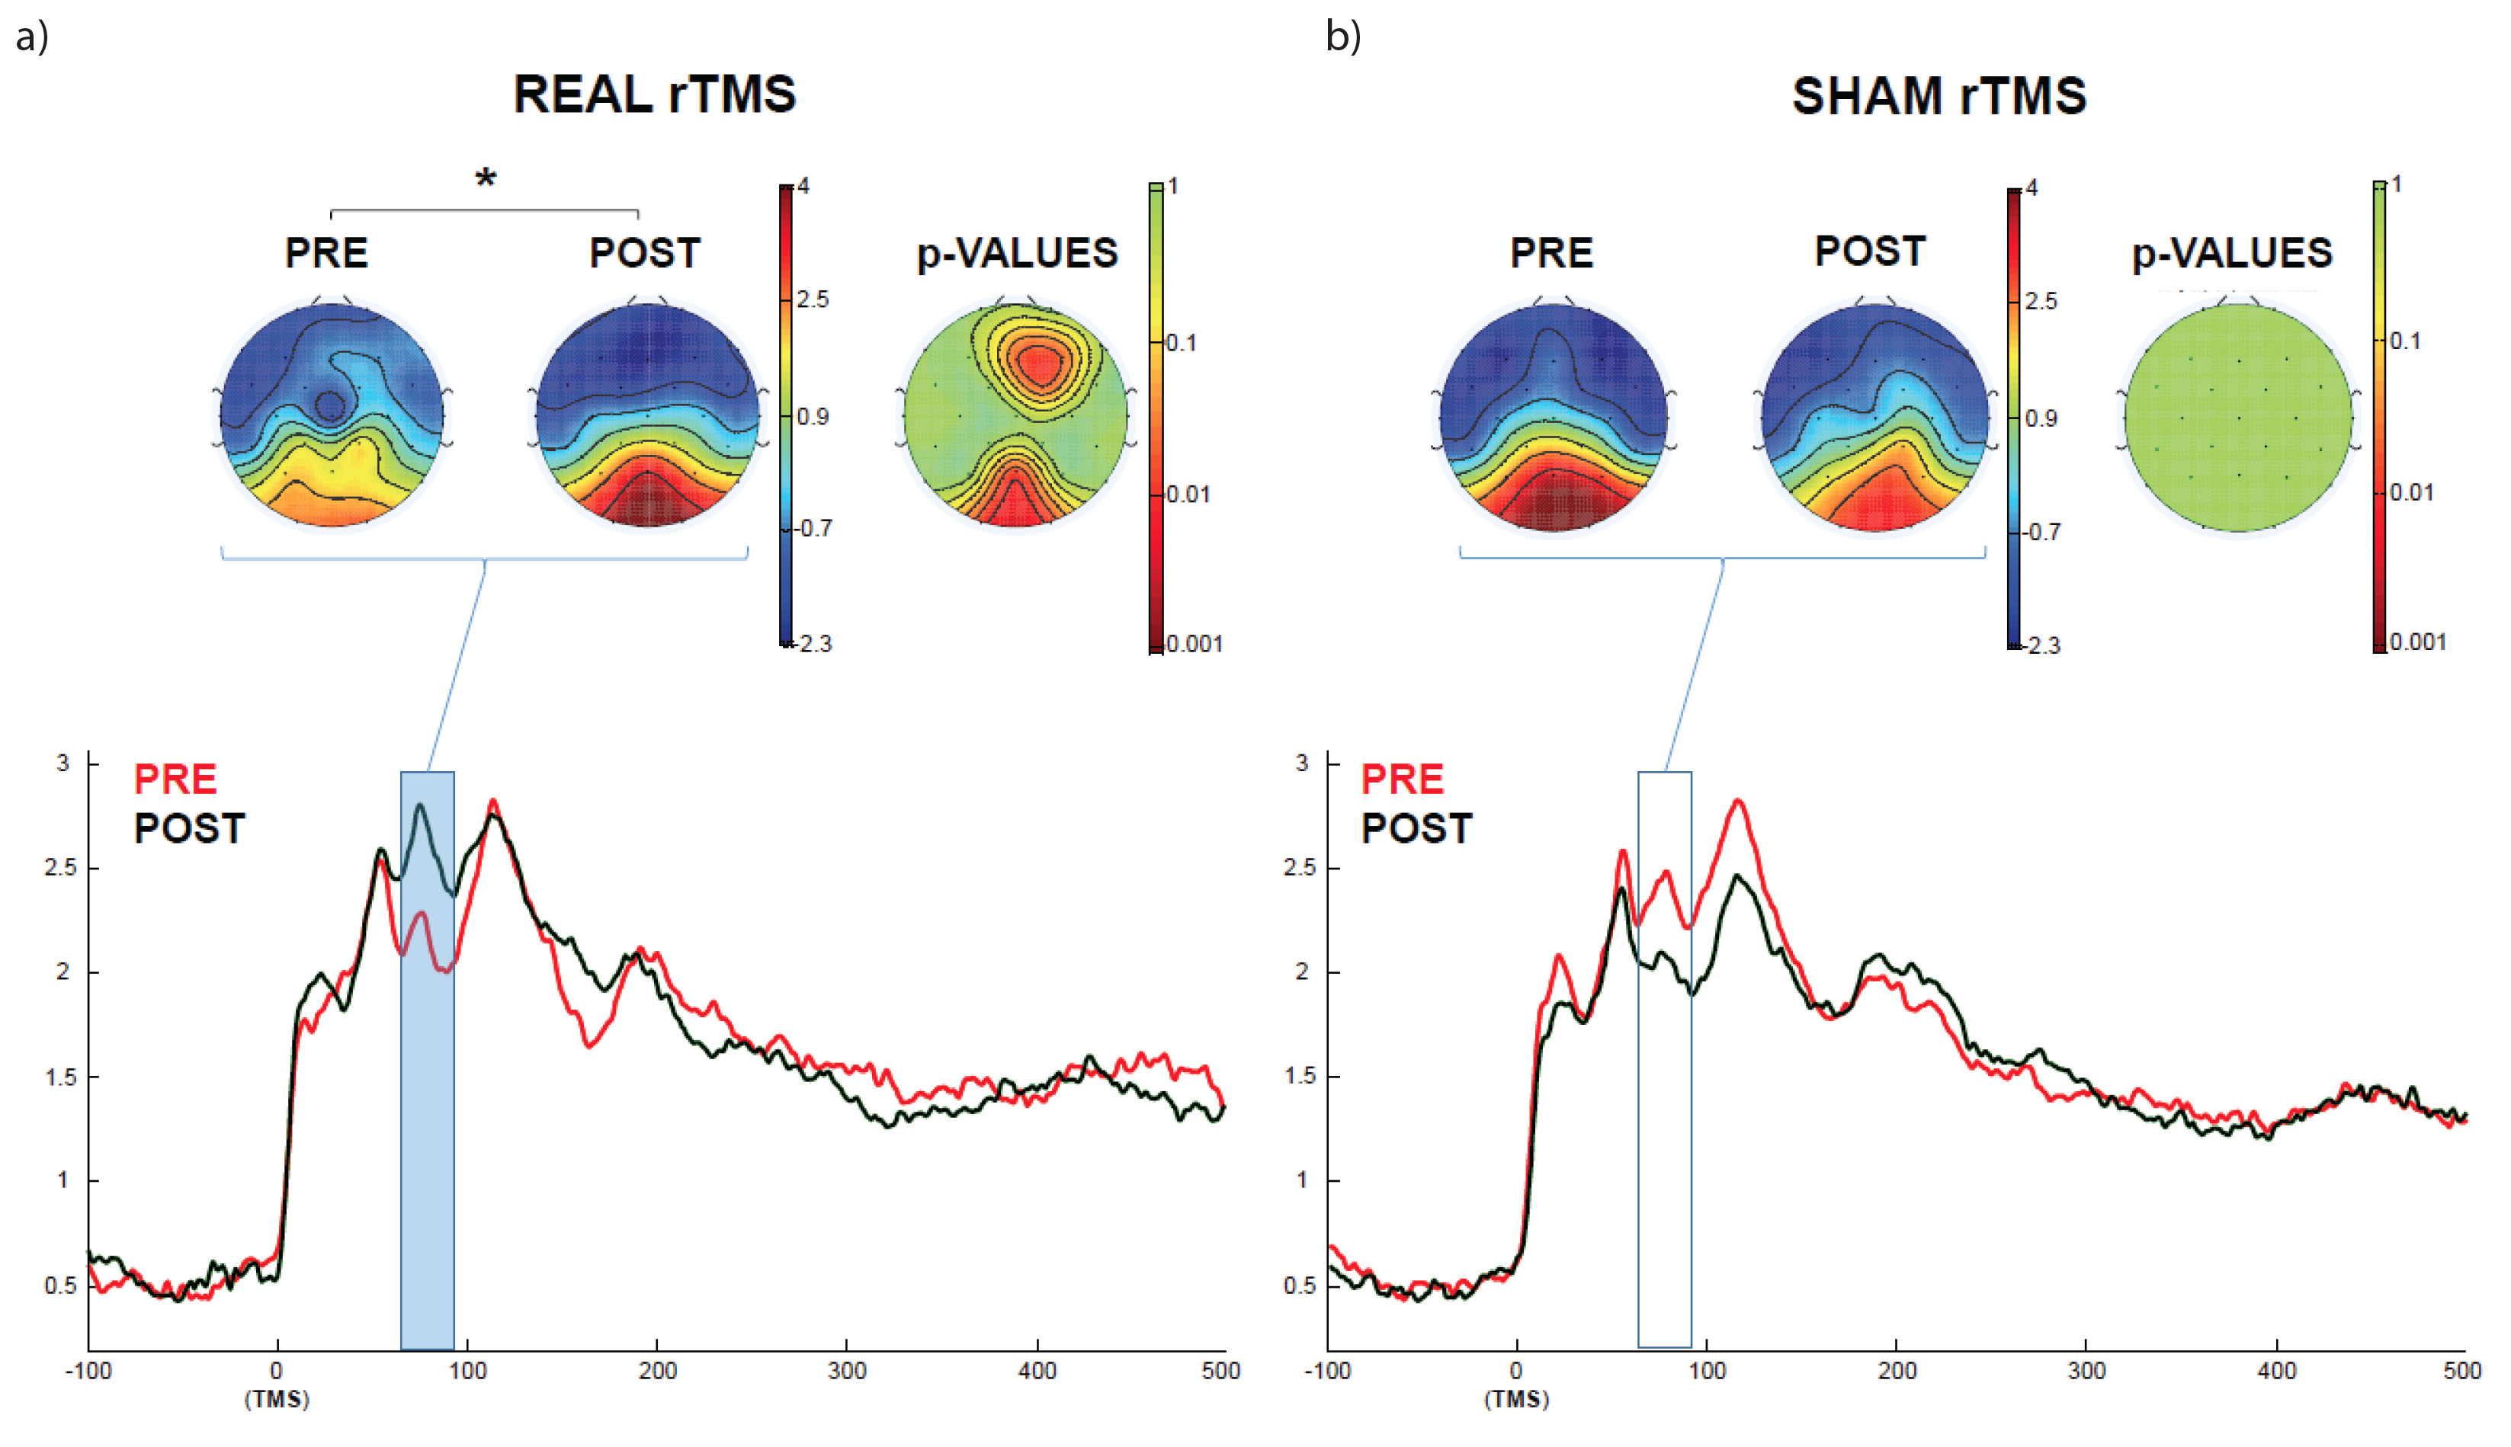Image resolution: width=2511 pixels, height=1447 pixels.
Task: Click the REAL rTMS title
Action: [x=654, y=94]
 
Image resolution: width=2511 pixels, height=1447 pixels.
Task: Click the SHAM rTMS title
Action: [x=1938, y=97]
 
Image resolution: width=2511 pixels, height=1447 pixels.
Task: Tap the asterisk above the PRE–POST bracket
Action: [x=485, y=180]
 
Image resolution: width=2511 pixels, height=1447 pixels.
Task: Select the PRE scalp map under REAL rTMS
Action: [x=331, y=415]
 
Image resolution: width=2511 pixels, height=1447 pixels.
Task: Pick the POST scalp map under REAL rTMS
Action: [x=647, y=415]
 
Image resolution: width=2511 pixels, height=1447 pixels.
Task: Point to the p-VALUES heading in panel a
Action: [x=1017, y=254]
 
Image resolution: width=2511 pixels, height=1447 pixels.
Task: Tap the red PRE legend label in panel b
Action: [x=1402, y=780]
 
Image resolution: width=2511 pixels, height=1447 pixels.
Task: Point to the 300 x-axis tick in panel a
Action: [x=847, y=1372]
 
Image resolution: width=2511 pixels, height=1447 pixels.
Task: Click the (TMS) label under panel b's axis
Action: [x=1516, y=1399]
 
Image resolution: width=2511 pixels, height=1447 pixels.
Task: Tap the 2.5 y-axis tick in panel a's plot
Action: [x=59, y=868]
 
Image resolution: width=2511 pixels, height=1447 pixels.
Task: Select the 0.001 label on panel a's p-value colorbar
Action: [x=1193, y=644]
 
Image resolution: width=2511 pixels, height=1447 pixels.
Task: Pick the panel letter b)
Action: [x=1343, y=37]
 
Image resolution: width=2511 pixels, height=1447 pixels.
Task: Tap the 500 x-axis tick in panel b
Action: [x=2461, y=1372]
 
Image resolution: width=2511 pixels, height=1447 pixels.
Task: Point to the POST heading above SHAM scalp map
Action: [x=1869, y=251]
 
